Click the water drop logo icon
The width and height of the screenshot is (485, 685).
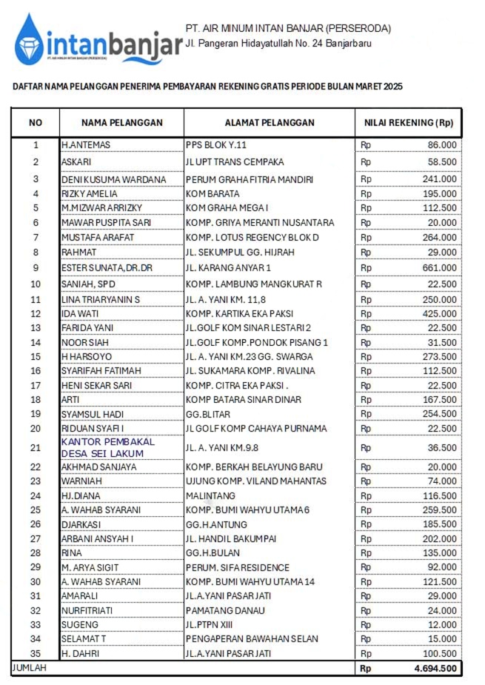coord(29,39)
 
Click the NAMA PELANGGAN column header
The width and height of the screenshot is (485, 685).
coord(121,123)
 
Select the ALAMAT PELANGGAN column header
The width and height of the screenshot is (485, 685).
coord(269,123)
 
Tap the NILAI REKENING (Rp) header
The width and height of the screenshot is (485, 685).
coord(409,123)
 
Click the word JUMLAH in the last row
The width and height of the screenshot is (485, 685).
coord(29,667)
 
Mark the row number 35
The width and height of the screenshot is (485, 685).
coord(35,653)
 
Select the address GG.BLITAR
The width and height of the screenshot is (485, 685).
coord(210,414)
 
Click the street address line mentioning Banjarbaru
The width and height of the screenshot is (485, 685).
coord(278,44)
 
